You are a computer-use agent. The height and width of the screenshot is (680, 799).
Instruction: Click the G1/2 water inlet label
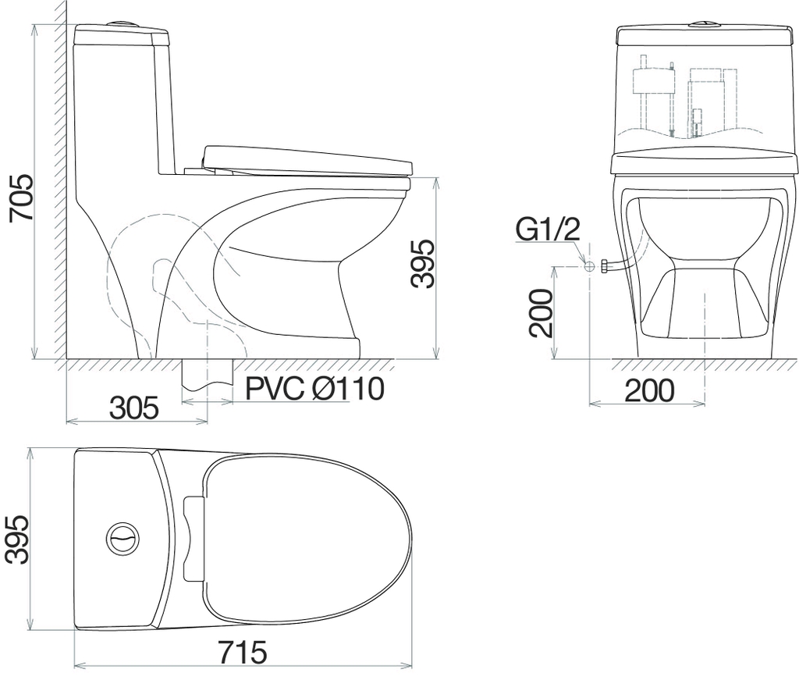pyautogui.click(x=548, y=230)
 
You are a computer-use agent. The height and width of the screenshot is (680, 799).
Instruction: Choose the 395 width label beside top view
pyautogui.click(x=16, y=539)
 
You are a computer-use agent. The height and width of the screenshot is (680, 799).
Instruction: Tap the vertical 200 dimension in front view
pyautogui.click(x=541, y=314)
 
